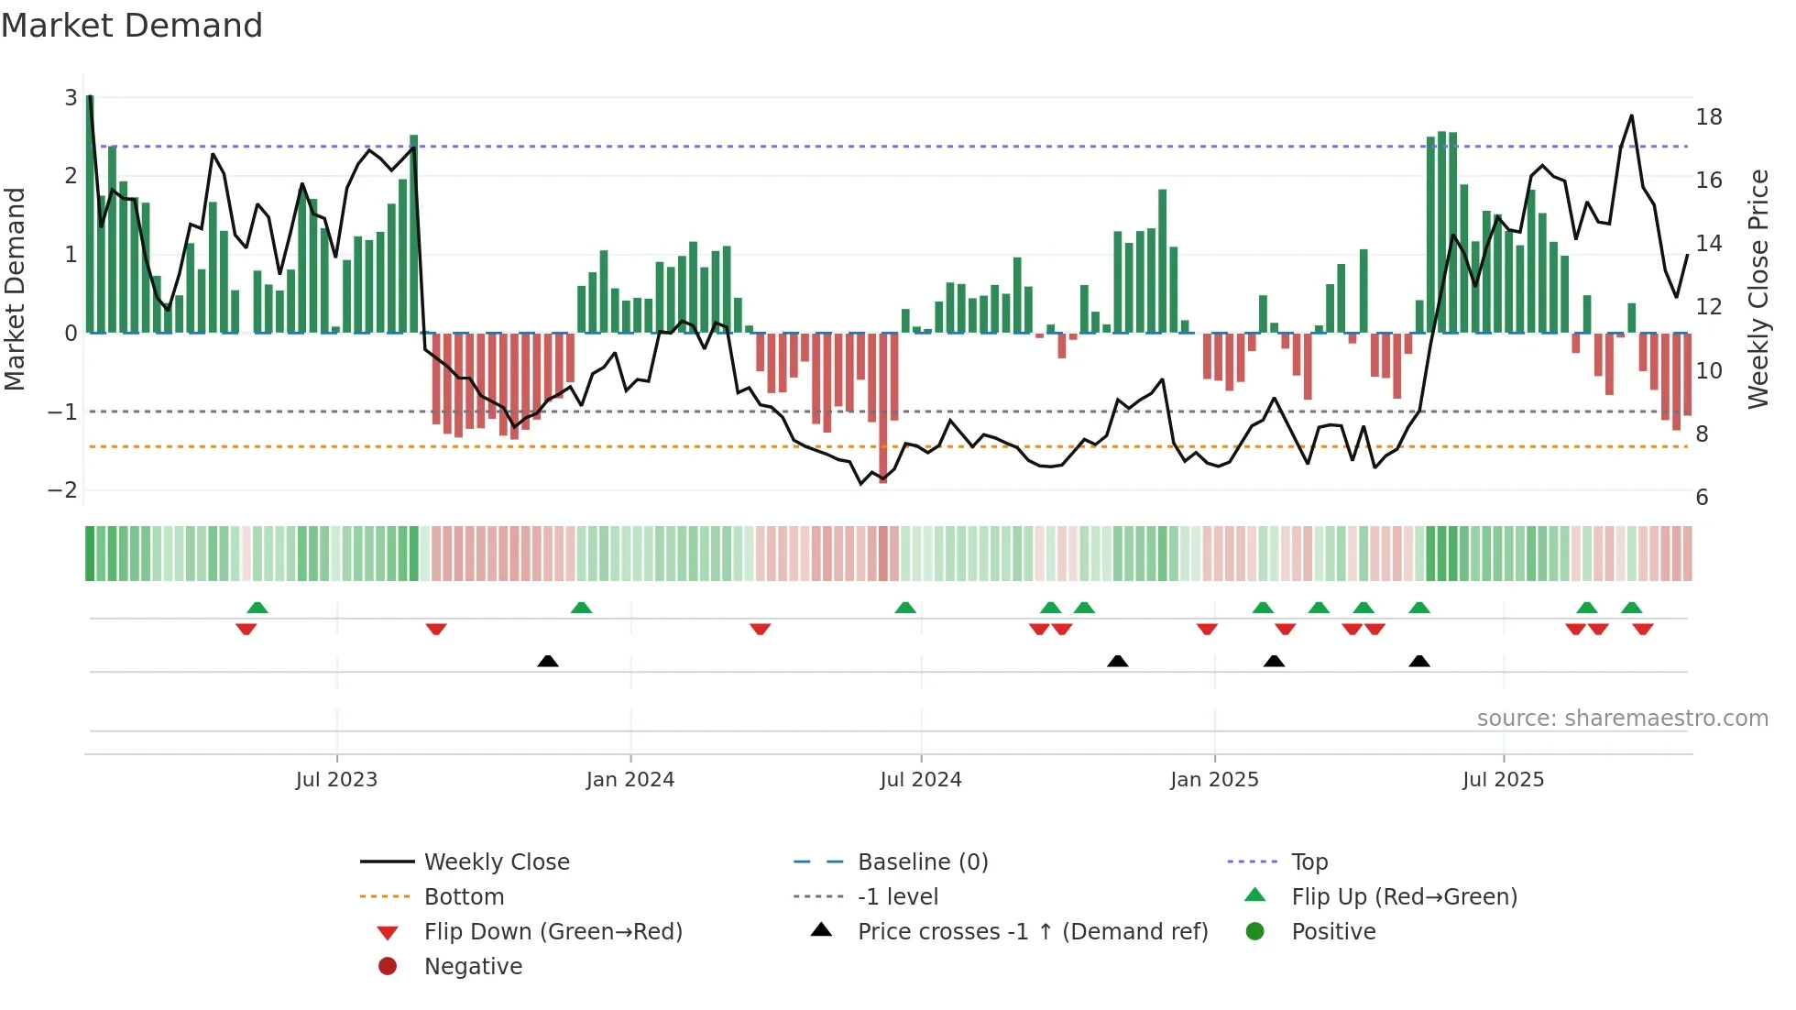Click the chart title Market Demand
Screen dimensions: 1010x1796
(x=132, y=26)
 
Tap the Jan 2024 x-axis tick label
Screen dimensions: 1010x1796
(x=630, y=780)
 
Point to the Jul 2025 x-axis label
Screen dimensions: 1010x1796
(x=1503, y=780)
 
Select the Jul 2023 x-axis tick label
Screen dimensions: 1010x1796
(x=336, y=780)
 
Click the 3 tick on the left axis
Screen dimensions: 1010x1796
(x=71, y=97)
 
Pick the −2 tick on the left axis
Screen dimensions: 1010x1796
(x=62, y=490)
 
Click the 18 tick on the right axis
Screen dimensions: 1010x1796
(x=1708, y=117)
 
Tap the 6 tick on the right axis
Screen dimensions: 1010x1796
(x=1702, y=498)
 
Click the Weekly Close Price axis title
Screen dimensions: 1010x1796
(x=1758, y=289)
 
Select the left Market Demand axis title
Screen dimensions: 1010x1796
(x=16, y=289)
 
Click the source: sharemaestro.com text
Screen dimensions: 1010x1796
(x=1622, y=719)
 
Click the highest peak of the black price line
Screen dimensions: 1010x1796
(x=1631, y=116)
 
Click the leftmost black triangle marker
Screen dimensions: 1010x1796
(x=547, y=662)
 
